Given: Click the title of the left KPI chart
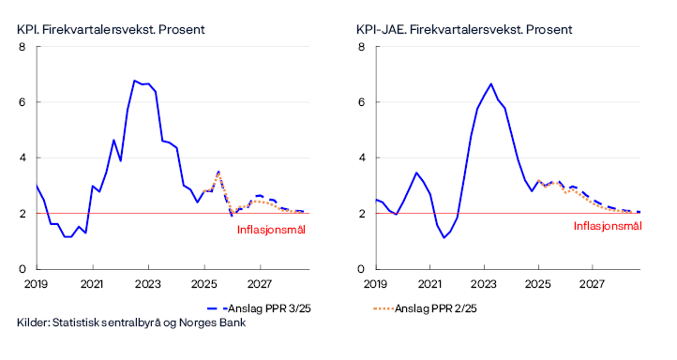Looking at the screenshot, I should tap(111, 29).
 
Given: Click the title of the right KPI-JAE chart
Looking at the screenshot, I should tap(464, 29).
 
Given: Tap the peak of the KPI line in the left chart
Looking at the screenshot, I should tap(135, 81).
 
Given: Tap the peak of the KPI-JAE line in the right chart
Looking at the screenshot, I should tap(490, 83).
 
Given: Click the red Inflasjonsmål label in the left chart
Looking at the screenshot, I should tap(271, 229).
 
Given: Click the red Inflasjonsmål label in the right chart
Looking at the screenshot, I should tap(607, 226).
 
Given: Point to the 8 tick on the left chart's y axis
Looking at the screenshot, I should tap(22, 47).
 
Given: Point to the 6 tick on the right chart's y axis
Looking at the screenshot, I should tap(361, 102).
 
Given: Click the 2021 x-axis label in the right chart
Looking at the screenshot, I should tap(429, 282).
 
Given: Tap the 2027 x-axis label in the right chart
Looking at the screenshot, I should tap(593, 282).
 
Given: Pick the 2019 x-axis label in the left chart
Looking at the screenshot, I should tap(37, 282).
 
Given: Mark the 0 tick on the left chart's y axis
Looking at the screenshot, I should tap(22, 269).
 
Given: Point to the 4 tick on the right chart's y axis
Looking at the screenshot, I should tap(361, 157).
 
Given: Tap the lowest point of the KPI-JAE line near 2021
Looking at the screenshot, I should tap(444, 237).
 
